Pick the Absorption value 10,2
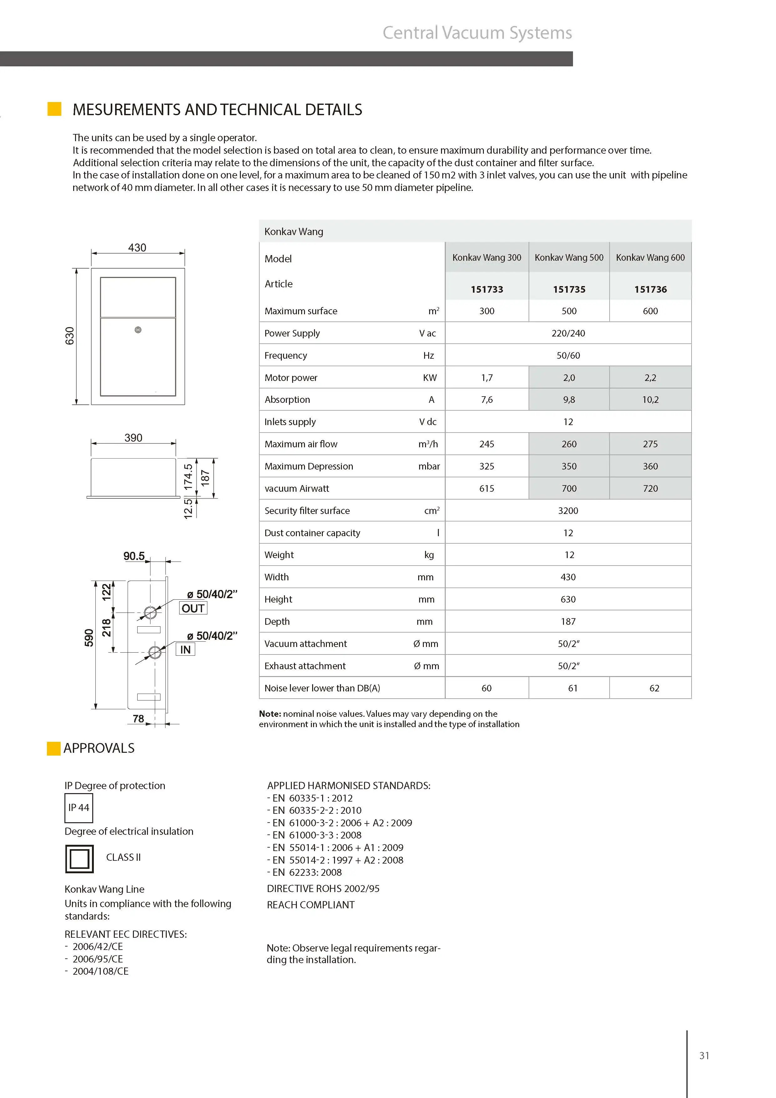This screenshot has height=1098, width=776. click(x=650, y=400)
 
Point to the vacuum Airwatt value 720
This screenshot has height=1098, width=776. click(x=650, y=489)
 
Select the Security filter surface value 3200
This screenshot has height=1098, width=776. click(x=568, y=511)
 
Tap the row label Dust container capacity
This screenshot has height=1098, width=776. click(x=312, y=533)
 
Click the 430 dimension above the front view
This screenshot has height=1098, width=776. click(x=137, y=248)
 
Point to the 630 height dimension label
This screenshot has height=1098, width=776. click(x=70, y=336)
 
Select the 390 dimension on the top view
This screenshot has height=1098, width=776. click(x=133, y=438)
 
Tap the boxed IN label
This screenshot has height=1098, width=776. click(x=185, y=649)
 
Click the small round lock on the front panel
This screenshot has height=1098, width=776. click(x=138, y=330)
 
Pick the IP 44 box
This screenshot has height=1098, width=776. click(x=79, y=808)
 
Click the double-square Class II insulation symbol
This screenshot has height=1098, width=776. click(x=79, y=859)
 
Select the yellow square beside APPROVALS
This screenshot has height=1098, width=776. click(x=53, y=748)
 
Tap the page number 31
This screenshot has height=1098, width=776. click(x=704, y=1055)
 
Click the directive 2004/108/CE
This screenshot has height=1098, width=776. click(x=100, y=971)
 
